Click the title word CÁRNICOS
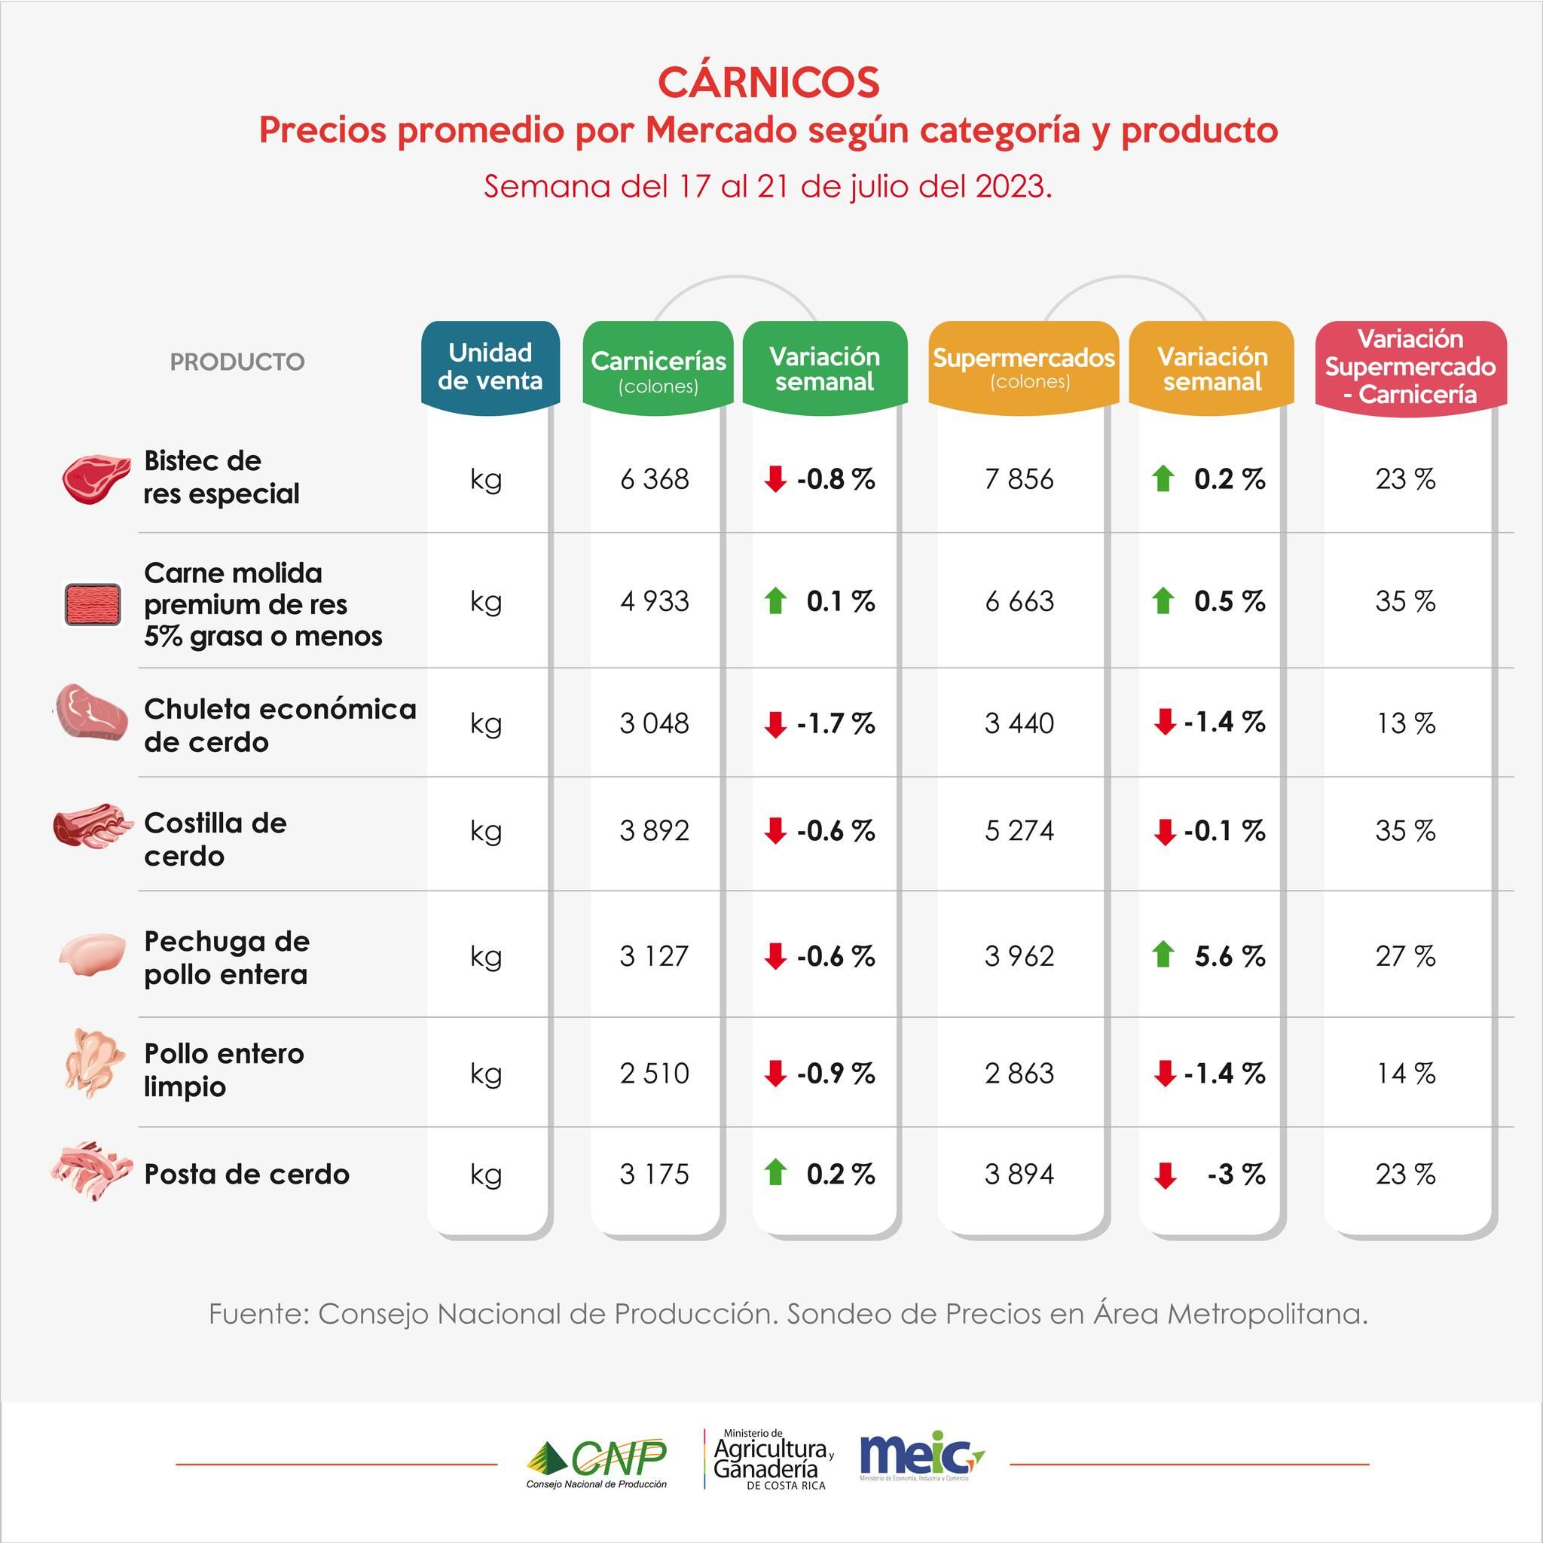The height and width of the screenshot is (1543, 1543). [x=768, y=81]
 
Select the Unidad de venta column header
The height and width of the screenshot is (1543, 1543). [x=490, y=367]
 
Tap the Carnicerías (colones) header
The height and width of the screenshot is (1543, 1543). [x=657, y=369]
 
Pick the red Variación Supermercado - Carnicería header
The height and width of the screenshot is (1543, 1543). [x=1410, y=367]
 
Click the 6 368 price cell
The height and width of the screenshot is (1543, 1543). [x=654, y=479]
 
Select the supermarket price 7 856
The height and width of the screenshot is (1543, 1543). [x=1019, y=479]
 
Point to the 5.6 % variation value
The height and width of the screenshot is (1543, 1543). [x=1229, y=956]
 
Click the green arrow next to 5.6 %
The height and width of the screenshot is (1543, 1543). [x=1163, y=955]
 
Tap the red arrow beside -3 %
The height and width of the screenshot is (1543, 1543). [x=1166, y=1175]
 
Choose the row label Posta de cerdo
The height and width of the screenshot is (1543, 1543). [x=247, y=1174]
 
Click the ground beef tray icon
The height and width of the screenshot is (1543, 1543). [x=92, y=603]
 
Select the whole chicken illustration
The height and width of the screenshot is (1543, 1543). [x=94, y=1063]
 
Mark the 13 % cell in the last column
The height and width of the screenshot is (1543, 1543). [x=1405, y=723]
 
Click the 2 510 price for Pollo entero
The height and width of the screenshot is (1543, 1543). [x=654, y=1073]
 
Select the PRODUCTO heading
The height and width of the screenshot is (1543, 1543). [x=237, y=362]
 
